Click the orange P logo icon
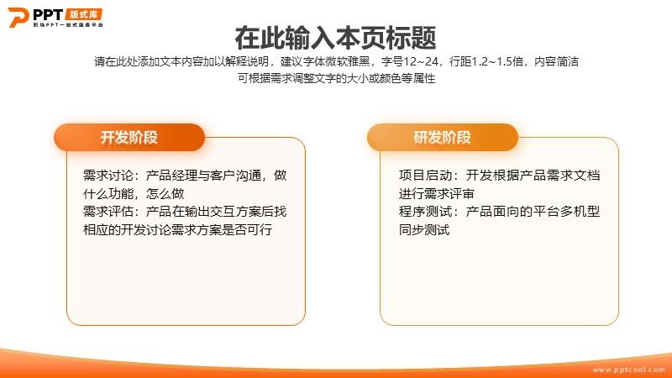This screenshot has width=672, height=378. pos(18,17)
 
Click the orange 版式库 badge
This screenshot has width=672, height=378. pos(84,14)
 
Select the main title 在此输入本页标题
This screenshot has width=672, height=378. pos(335,38)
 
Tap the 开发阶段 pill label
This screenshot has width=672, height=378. pos(129,138)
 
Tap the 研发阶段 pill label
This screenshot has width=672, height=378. pos(443,138)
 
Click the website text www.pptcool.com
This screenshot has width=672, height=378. pos(628,370)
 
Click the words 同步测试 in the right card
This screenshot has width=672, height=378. pos(424,229)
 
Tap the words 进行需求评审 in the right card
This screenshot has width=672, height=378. pos(437,194)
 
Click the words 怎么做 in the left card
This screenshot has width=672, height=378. pos(165,194)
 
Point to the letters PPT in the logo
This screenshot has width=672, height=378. pos(48,14)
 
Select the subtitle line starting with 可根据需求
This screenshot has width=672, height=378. pos(337,78)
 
